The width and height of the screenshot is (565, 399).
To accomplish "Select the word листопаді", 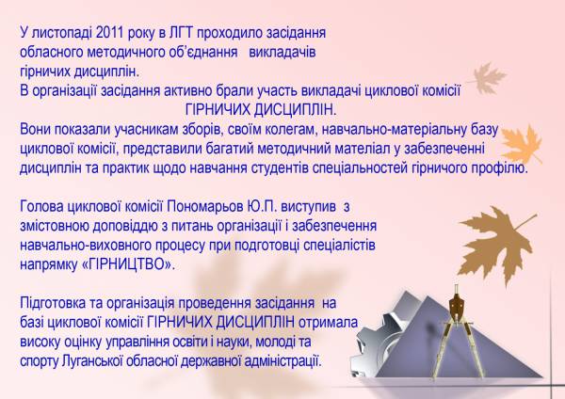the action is point(62,34).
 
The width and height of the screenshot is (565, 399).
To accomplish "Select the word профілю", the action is point(505,168).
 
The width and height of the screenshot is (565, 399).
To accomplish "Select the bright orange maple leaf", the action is point(522,144).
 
